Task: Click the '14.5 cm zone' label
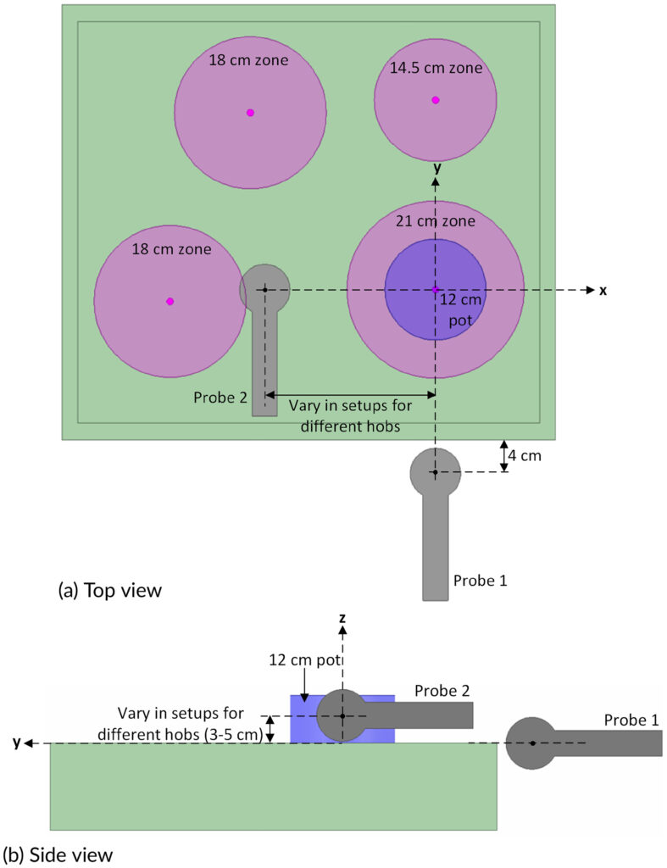click(436, 68)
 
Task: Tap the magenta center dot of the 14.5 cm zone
click(436, 100)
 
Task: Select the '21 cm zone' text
click(436, 221)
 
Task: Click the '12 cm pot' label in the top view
click(459, 309)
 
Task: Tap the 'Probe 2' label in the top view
click(220, 397)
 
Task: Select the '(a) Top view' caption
click(108, 590)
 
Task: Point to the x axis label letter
click(603, 291)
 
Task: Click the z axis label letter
click(342, 618)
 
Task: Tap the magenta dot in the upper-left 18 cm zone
click(250, 112)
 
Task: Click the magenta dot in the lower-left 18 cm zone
click(170, 301)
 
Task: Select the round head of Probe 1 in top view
click(435, 472)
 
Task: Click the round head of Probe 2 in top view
click(264, 290)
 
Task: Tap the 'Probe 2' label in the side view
click(442, 691)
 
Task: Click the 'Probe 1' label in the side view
click(631, 720)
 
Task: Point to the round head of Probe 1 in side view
click(531, 743)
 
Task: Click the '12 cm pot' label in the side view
click(298, 659)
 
